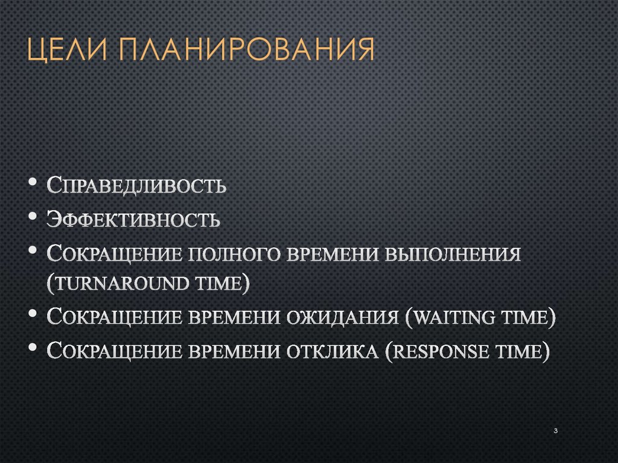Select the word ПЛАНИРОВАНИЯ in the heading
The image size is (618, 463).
pyautogui.click(x=247, y=50)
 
